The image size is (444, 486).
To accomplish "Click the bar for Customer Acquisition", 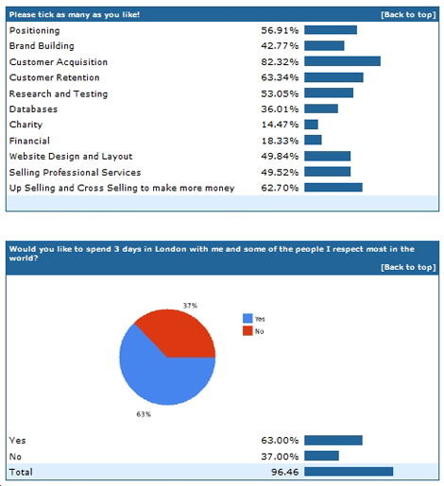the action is pos(342,61).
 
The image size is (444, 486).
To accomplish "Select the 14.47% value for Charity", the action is pos(280,125).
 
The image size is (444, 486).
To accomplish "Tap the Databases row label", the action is pos(33,109).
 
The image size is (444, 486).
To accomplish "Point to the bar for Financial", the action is pos(313,140).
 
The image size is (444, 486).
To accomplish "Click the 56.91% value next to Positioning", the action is pos(280,30).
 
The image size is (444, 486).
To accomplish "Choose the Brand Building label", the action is pos(42,46).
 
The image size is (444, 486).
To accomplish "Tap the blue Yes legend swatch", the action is pos(248,318).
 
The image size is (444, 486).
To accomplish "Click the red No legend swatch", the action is pos(248,331).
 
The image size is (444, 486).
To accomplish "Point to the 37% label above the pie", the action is pos(190,306).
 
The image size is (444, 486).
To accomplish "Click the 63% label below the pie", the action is pos(144,414).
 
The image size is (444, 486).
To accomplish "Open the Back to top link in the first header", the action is pos(408,15).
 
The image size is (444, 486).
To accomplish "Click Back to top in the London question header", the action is pos(408,267).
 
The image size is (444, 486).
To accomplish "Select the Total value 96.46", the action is pos(284,472).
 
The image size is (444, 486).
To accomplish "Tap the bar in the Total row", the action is pos(349,472).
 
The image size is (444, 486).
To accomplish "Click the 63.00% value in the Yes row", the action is pos(280,441).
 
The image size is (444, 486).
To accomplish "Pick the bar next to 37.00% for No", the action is pos(321,456).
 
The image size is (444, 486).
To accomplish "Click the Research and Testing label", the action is pos(59,93).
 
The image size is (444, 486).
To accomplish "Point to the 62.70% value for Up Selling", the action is pos(280,188).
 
